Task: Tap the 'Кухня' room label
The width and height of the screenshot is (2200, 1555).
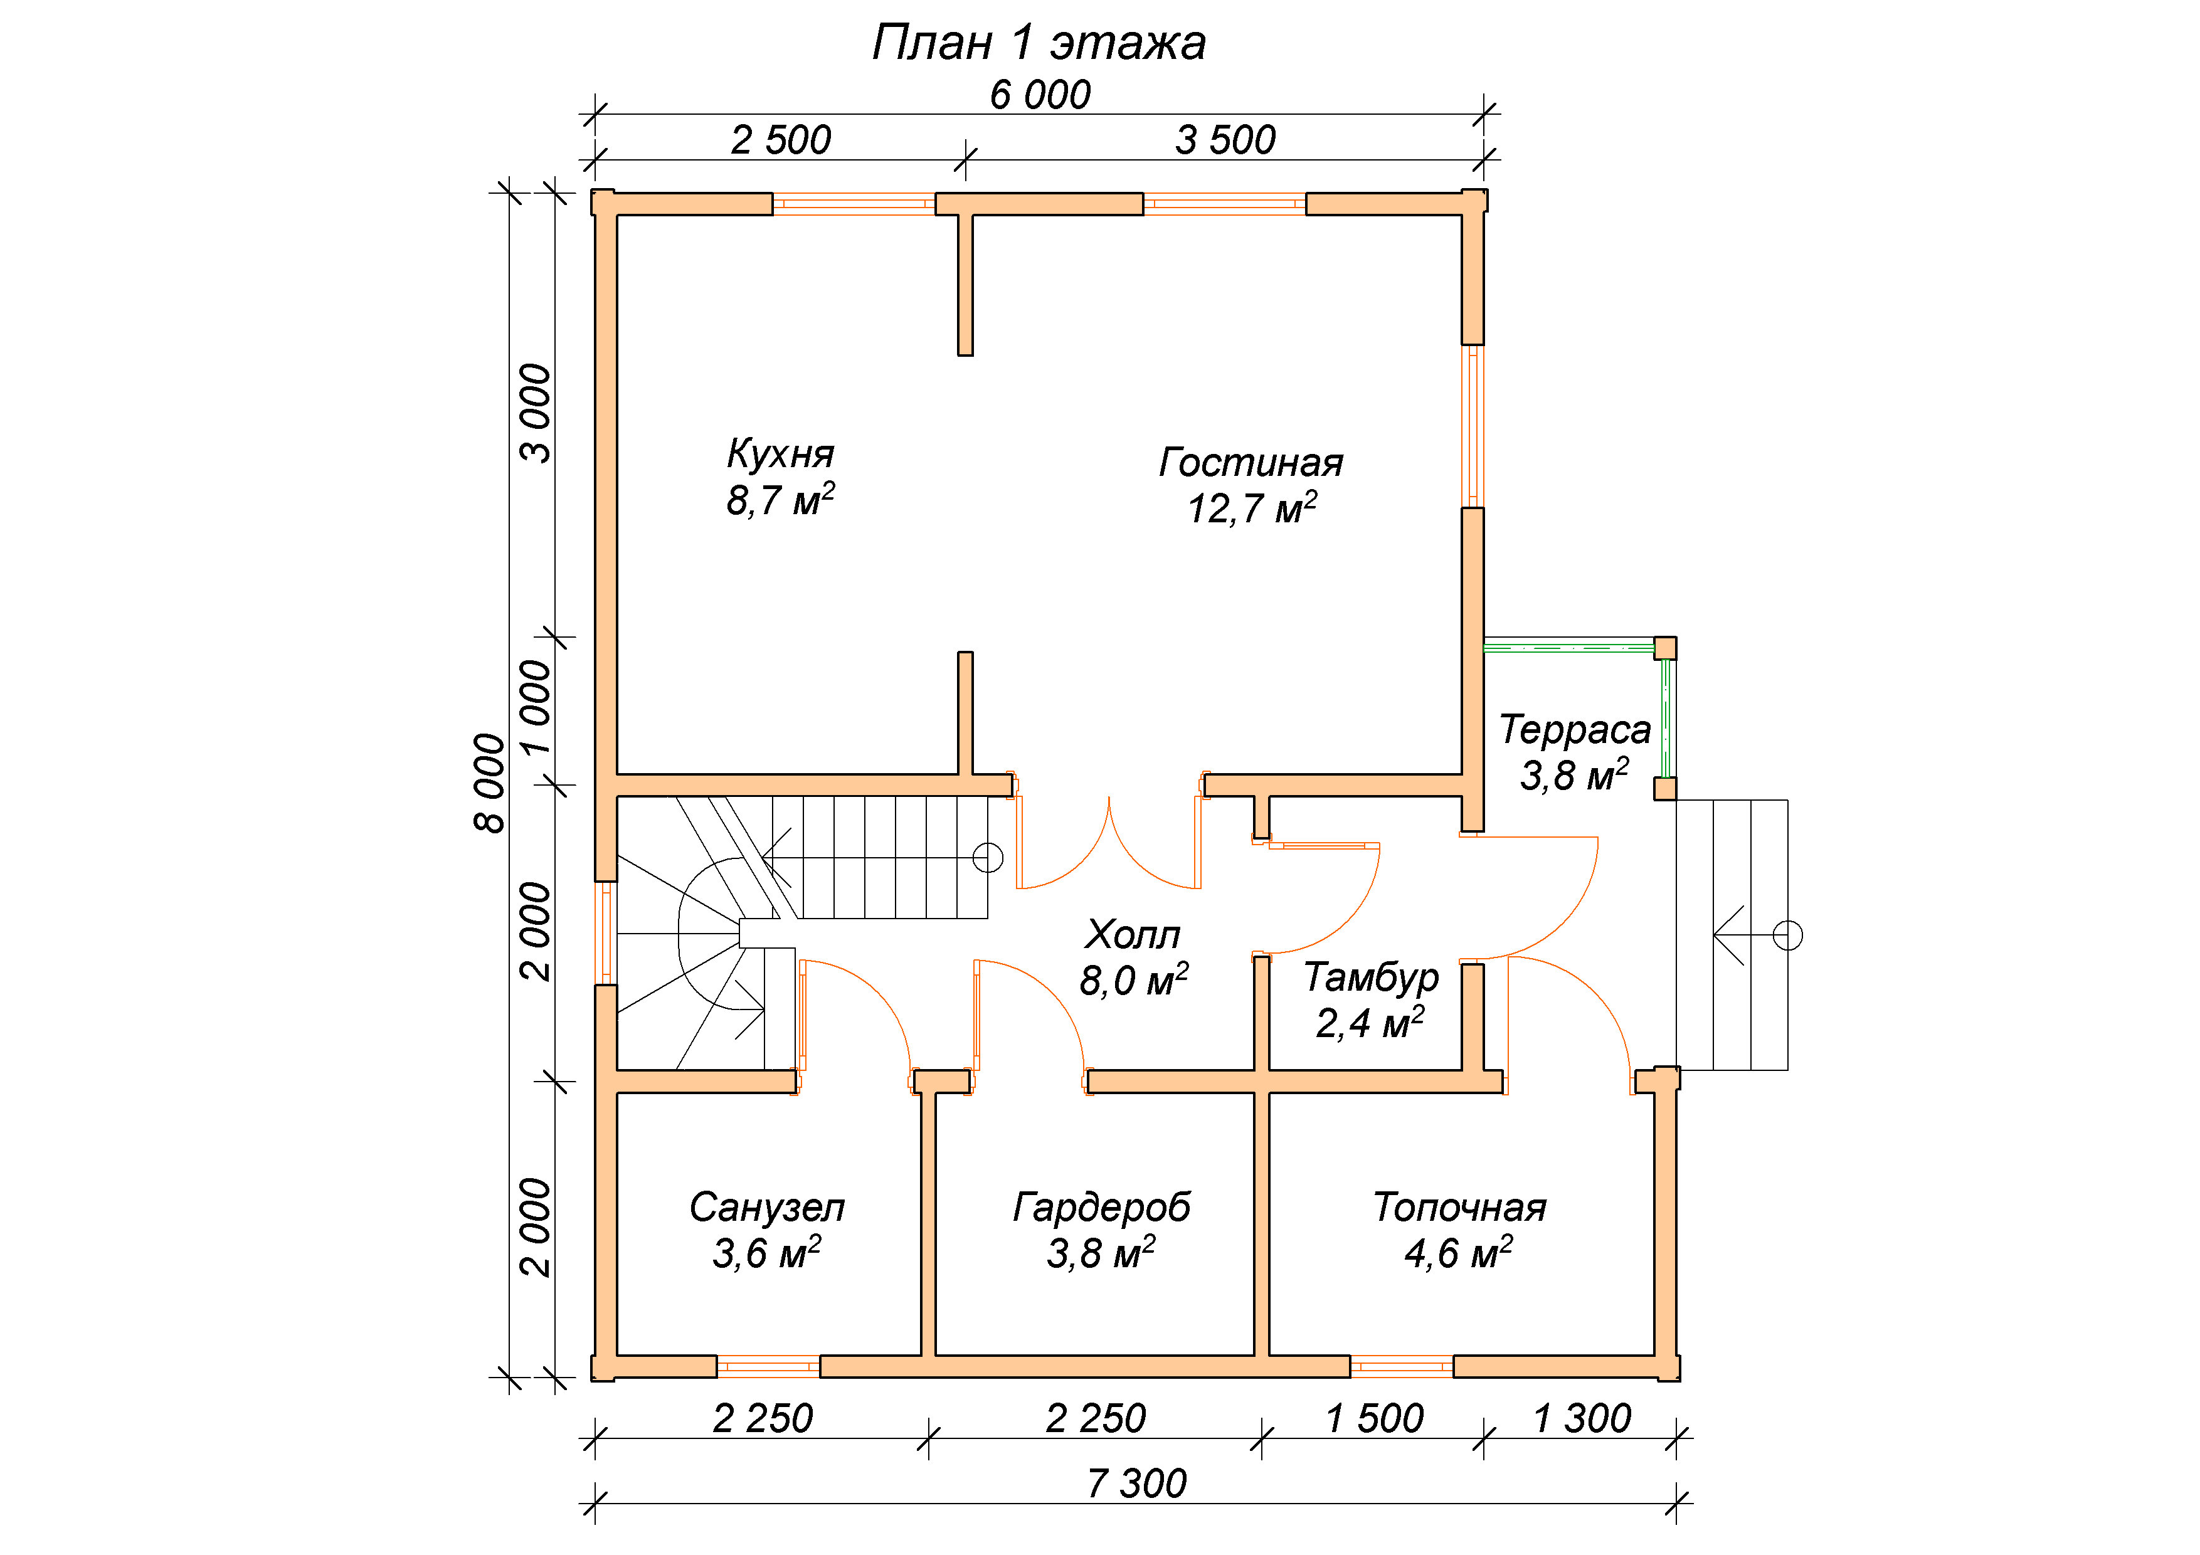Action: pos(780,454)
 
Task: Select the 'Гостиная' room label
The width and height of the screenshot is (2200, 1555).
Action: pos(1251,463)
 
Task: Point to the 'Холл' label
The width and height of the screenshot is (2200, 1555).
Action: pos(1133,934)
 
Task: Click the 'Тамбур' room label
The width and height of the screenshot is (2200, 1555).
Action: pos(1371,978)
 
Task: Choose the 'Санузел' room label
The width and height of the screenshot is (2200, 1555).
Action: pos(766,1207)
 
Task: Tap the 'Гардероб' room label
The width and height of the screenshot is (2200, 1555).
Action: pos(1102,1207)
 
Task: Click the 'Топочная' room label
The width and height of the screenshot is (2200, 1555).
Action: pos(1459,1207)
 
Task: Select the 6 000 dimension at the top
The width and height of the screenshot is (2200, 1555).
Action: pos(1040,95)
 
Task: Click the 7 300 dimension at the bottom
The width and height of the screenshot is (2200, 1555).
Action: pos(1136,1483)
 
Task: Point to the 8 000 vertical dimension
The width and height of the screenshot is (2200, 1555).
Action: pos(490,784)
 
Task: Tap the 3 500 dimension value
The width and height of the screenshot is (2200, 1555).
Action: pos(1225,140)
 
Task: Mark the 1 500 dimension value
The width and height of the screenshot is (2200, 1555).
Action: pos(1374,1418)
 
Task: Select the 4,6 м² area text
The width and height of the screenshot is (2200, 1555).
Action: pos(1458,1252)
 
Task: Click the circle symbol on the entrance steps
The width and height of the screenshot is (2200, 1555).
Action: pos(1788,935)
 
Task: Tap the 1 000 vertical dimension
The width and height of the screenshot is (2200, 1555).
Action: pos(537,707)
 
